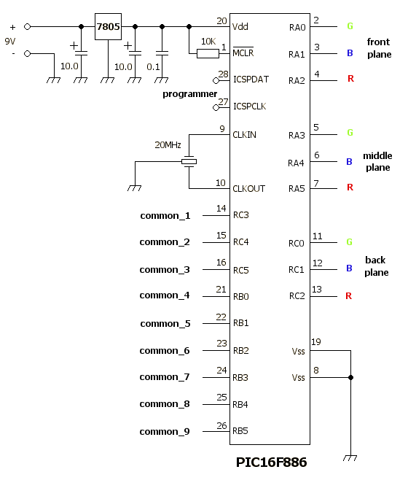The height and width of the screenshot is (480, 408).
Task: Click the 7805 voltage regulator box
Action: (108, 27)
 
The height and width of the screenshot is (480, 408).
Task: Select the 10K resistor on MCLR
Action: (208, 54)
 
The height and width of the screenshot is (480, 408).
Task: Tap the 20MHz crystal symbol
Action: (189, 161)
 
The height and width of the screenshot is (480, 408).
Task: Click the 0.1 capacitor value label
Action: (153, 66)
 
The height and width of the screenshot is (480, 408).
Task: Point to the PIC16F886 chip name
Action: (271, 462)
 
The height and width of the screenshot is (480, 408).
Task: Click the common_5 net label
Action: (165, 324)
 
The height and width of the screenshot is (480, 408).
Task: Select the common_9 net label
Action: (165, 432)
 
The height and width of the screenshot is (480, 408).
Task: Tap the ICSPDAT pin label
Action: (251, 80)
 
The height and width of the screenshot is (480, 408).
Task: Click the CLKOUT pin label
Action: (248, 188)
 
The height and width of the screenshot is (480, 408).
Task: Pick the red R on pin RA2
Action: (350, 79)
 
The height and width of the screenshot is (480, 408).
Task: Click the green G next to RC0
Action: (349, 242)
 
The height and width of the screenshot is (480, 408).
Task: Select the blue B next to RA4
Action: (349, 162)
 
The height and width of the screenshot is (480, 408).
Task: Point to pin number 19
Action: (316, 342)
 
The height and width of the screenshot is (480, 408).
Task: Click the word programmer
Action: (189, 94)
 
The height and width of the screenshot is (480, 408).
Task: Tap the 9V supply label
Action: (9, 41)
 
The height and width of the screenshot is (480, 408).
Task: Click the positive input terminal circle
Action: (27, 27)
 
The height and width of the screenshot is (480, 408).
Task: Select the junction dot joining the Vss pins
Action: (350, 377)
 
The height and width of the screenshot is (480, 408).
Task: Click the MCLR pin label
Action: (243, 53)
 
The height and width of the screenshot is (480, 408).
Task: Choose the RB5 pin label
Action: (240, 431)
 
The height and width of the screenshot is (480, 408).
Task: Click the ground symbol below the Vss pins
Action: (350, 458)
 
